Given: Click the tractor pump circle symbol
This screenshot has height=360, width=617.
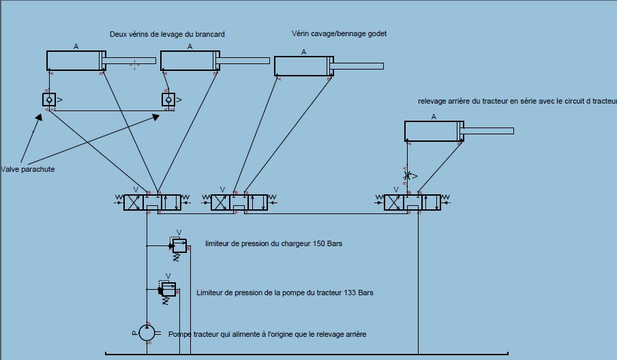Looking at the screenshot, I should [147, 333].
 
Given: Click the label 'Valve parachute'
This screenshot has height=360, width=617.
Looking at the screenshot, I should [28, 169].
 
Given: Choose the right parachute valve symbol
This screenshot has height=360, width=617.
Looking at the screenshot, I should [168, 100].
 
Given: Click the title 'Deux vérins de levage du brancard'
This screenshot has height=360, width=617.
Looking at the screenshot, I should [167, 34].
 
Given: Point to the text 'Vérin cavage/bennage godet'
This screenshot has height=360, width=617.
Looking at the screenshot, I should [339, 33].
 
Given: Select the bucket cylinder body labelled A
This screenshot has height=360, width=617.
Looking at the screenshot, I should [302, 66].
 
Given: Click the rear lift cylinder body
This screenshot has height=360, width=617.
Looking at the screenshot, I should [432, 131].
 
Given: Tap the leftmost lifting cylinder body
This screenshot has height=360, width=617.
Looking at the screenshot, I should [74, 61].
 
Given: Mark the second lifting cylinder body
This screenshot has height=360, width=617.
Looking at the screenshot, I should [188, 61].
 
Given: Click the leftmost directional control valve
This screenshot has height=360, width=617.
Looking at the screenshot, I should [152, 202].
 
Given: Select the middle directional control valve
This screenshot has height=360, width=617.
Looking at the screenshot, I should [239, 202].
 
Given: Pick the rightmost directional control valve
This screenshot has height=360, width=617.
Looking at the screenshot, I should [412, 202].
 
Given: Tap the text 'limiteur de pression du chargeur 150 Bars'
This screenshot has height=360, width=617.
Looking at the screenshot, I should [273, 243].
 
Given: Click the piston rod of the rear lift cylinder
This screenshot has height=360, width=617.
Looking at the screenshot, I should [488, 131].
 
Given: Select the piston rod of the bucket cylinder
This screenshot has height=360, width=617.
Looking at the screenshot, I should [359, 66].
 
